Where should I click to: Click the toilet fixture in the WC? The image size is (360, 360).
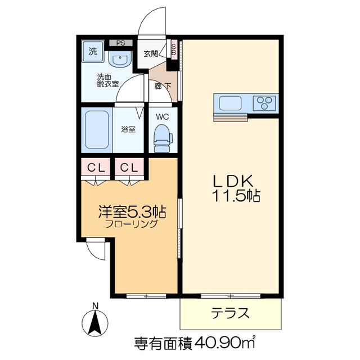click(x=163, y=138)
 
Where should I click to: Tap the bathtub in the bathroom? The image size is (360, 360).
click(x=97, y=130)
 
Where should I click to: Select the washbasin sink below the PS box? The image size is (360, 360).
click(x=120, y=59)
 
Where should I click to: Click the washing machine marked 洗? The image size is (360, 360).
click(x=93, y=51)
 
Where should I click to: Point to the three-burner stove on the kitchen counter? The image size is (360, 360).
click(x=264, y=103)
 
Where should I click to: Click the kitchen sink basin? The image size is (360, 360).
click(x=230, y=103)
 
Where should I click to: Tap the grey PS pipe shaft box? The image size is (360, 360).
click(x=121, y=43)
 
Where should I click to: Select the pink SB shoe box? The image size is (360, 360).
click(x=174, y=49)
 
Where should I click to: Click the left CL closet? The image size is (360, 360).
click(x=96, y=168)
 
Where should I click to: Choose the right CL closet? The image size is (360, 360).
click(x=129, y=168)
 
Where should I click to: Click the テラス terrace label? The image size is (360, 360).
click(x=231, y=313)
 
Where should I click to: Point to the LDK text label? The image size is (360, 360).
click(x=233, y=181)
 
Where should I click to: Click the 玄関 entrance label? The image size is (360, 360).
click(x=151, y=54)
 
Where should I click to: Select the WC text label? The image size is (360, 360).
click(x=163, y=117)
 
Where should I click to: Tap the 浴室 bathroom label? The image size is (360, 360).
click(x=128, y=129)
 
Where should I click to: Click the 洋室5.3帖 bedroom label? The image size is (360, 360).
click(x=133, y=212)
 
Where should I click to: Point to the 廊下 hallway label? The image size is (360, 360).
click(x=163, y=86)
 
